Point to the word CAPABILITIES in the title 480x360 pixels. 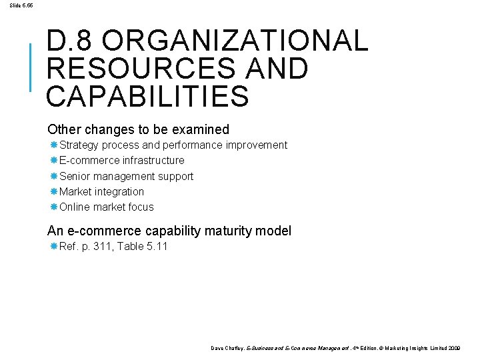click(x=147, y=96)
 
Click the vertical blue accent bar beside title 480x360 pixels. click(x=30, y=67)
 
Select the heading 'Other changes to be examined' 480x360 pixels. click(x=138, y=129)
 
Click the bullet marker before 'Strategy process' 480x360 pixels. click(x=53, y=145)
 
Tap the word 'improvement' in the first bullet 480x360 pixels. click(x=257, y=145)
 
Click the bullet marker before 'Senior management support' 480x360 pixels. click(x=53, y=176)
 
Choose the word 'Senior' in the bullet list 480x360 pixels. click(x=75, y=176)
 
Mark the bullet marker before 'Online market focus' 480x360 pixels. click(x=53, y=207)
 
